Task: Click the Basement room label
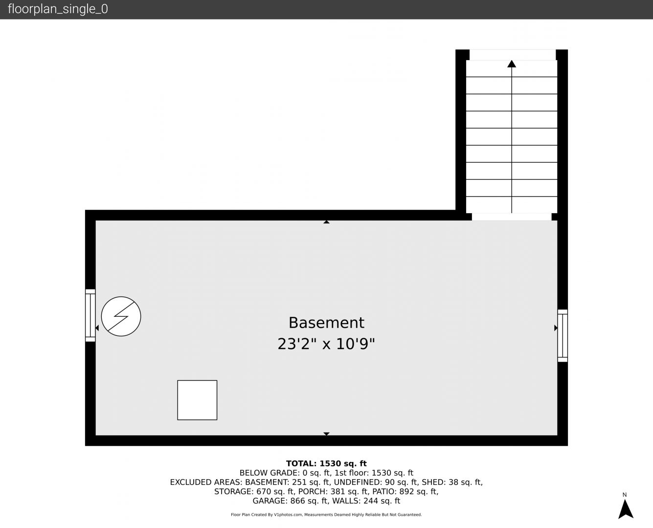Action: [x=326, y=323]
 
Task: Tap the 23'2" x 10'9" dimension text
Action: [x=326, y=344]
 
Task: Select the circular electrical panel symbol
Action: [x=121, y=316]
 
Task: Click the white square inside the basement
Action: [x=197, y=400]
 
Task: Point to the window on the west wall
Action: [x=90, y=315]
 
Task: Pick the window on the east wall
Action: [x=563, y=335]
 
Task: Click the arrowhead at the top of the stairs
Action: [x=511, y=64]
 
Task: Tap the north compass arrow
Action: [x=626, y=509]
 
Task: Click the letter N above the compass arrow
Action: [x=625, y=495]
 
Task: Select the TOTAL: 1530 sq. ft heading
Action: [x=326, y=463]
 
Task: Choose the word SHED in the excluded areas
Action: [x=433, y=482]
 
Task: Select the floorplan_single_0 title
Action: [x=58, y=9]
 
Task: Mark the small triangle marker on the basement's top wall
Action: [x=326, y=222]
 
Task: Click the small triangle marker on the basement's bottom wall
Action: [x=326, y=434]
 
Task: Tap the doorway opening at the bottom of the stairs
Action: [x=511, y=217]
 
